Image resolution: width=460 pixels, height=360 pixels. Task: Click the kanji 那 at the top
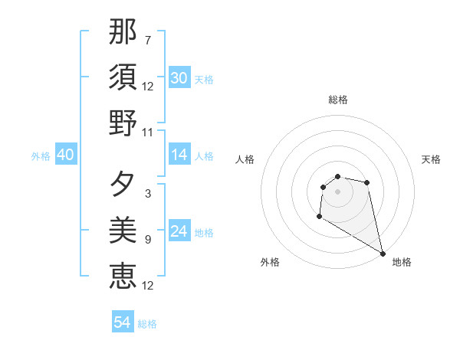tap(123, 33)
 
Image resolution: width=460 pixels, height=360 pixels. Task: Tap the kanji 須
tap(123, 77)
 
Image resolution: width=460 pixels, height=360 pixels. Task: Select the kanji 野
tap(123, 123)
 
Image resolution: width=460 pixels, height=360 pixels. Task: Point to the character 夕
tap(123, 184)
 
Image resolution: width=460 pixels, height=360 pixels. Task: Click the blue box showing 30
tap(179, 78)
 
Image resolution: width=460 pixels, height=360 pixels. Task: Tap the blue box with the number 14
tap(179, 155)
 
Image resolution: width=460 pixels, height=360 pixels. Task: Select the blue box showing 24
tap(179, 231)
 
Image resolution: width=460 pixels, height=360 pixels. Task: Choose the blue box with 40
tap(65, 155)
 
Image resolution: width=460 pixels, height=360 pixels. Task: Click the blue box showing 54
tap(123, 322)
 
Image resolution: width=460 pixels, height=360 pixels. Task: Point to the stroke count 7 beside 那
tap(147, 40)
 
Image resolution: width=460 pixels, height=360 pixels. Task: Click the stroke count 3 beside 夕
tap(147, 194)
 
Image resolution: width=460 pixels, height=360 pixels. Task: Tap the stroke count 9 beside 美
tap(147, 240)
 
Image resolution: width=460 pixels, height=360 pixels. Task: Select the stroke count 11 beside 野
tap(148, 133)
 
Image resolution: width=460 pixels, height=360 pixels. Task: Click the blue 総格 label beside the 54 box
tap(147, 324)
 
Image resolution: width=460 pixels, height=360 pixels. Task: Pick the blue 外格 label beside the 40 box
tap(41, 156)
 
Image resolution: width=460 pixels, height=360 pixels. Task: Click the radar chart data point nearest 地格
tap(383, 252)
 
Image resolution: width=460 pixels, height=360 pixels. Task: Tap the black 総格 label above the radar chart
tap(338, 100)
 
